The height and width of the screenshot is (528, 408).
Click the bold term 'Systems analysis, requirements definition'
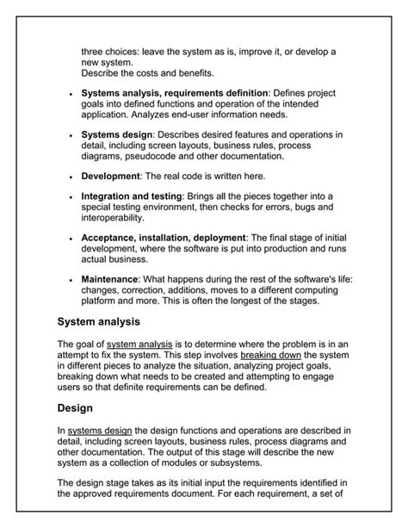coord(176,92)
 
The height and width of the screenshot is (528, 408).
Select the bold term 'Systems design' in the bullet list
coord(117,134)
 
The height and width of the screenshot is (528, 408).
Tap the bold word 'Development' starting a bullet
coord(110,176)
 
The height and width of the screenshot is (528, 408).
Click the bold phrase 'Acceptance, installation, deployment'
coord(164,237)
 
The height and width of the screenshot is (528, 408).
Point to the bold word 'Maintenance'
coord(110,279)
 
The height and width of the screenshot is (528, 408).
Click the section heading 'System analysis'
coord(98,322)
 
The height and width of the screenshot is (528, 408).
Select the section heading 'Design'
coord(75,407)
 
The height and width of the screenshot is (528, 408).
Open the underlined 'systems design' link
coord(99,429)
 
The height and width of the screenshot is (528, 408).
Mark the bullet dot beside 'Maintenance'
coord(69,280)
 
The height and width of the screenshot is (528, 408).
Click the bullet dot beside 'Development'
coord(69,177)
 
